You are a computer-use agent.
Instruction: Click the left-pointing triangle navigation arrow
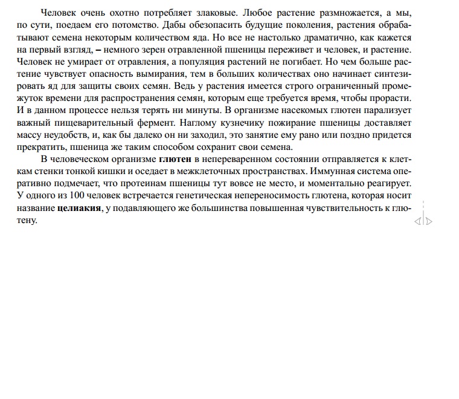(x=417, y=221)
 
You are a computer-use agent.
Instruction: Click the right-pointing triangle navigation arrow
(x=429, y=221)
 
